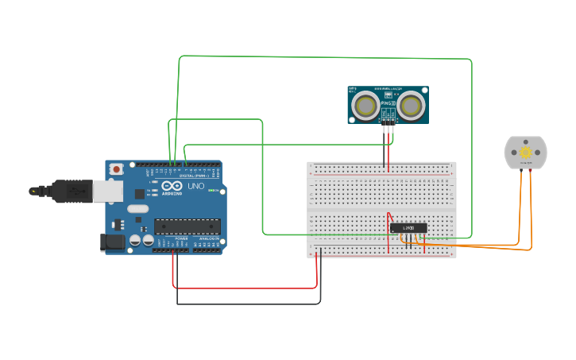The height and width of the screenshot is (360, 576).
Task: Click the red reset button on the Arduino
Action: pyautogui.click(x=117, y=168)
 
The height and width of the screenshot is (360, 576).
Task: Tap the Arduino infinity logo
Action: pyautogui.click(x=168, y=186)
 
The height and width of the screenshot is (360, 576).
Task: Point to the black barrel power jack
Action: pyautogui.click(x=114, y=242)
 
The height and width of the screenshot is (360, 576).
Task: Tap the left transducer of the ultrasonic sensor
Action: pyautogui.click(x=365, y=105)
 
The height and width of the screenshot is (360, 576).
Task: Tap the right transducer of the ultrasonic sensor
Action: pyautogui.click(x=411, y=105)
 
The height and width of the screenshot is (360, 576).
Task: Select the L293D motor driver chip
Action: pyautogui.click(x=408, y=228)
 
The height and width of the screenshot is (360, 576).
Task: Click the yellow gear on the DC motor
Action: pyautogui.click(x=525, y=152)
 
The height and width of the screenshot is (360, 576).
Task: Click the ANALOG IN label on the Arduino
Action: pyautogui.click(x=209, y=238)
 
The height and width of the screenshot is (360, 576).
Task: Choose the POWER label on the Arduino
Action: pyautogui.click(x=182, y=238)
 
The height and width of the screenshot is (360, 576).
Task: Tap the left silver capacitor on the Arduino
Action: pyautogui.click(x=136, y=238)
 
